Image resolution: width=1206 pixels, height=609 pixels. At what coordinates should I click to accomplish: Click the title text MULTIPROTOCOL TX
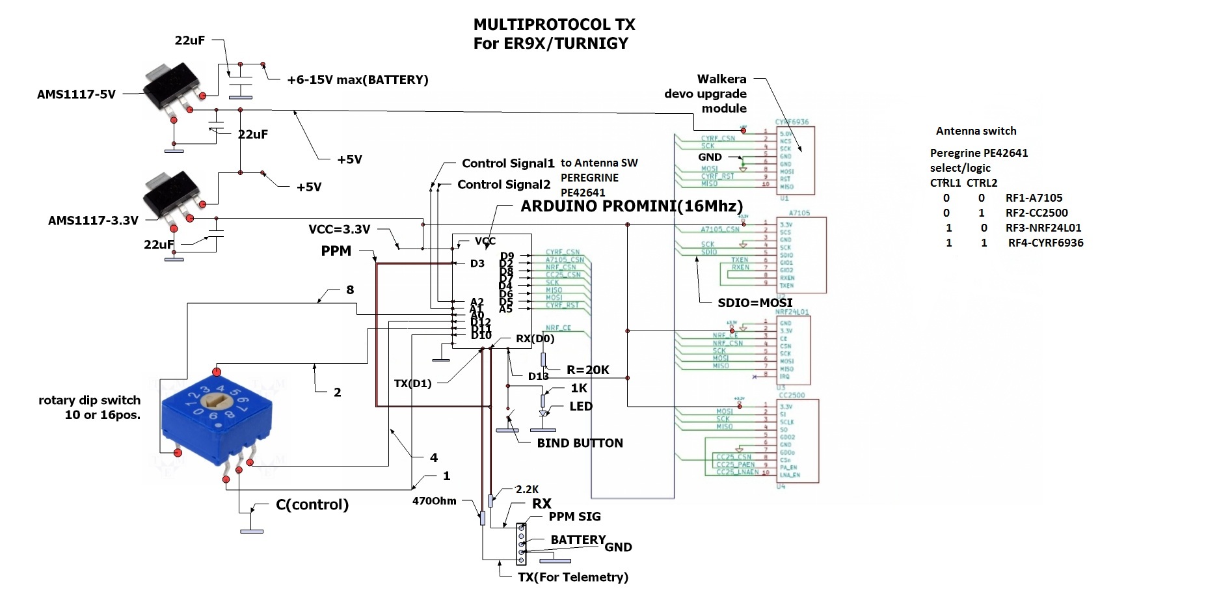coord(554,25)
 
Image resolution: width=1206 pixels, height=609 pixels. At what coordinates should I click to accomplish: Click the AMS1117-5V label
coord(76,94)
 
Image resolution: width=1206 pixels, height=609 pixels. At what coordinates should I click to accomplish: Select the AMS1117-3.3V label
coord(93,221)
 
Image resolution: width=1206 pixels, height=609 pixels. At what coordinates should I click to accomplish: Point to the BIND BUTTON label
coord(580,443)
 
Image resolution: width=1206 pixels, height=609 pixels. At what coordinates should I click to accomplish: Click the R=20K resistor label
coord(587,370)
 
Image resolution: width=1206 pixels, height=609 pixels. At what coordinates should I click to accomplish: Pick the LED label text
coord(581,407)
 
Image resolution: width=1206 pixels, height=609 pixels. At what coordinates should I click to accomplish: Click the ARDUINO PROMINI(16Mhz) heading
coord(632,206)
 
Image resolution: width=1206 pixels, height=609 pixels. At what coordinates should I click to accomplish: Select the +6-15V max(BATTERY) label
coord(358,80)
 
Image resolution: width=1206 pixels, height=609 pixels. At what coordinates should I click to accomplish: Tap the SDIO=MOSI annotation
coord(755,303)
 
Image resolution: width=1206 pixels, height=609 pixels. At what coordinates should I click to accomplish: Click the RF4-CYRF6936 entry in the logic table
coord(1045,243)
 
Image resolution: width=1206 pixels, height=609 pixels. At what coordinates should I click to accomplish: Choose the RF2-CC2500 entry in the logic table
coord(1036,213)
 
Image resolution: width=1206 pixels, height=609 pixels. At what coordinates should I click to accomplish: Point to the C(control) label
coord(312,505)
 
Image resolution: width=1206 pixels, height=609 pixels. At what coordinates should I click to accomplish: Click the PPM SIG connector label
coord(574,517)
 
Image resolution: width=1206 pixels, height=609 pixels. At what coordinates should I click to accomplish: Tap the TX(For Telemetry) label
coord(572,577)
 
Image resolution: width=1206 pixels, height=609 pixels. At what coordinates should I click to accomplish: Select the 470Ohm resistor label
coord(434,501)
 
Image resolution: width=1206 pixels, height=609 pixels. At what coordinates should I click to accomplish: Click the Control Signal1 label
coord(508,163)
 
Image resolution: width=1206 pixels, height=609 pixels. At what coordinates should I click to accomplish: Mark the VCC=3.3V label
coord(339,229)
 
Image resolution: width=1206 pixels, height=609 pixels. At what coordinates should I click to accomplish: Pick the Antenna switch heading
coord(976,131)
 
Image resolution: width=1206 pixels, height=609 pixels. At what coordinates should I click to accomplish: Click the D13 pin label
coord(538,376)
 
